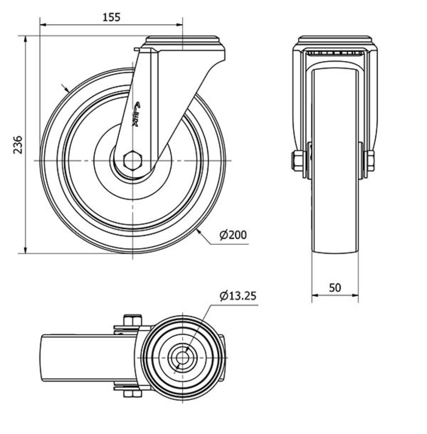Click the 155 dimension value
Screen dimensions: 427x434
pos(112,17)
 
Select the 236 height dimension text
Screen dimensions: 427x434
pos(18,145)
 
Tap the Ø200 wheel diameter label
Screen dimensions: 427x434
pos(233,235)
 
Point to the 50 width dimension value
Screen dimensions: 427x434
pos(335,288)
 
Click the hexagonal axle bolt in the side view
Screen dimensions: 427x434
pos(133,160)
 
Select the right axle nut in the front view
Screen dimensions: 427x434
pos(370,161)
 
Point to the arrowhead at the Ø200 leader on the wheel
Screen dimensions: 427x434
pos(199,232)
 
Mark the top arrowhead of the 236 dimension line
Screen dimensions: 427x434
pos(26,39)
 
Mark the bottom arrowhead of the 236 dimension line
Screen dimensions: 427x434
pos(26,250)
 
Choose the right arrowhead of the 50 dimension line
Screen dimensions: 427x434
pos(354,295)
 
